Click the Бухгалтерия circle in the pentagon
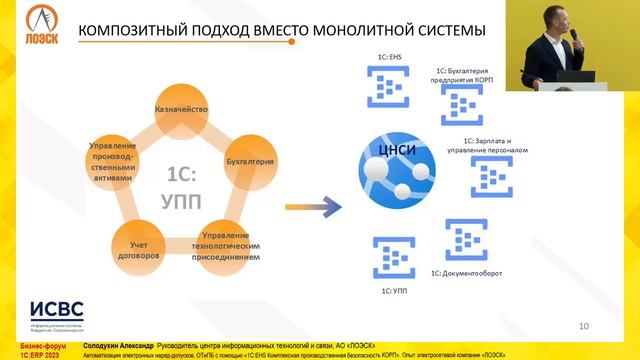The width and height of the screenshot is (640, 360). pyautogui.click(x=250, y=161)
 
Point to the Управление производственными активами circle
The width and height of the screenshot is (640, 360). pyautogui.click(x=112, y=161)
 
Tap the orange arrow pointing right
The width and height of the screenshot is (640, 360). pyautogui.click(x=309, y=208)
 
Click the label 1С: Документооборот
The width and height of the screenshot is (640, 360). pyautogui.click(x=466, y=273)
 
